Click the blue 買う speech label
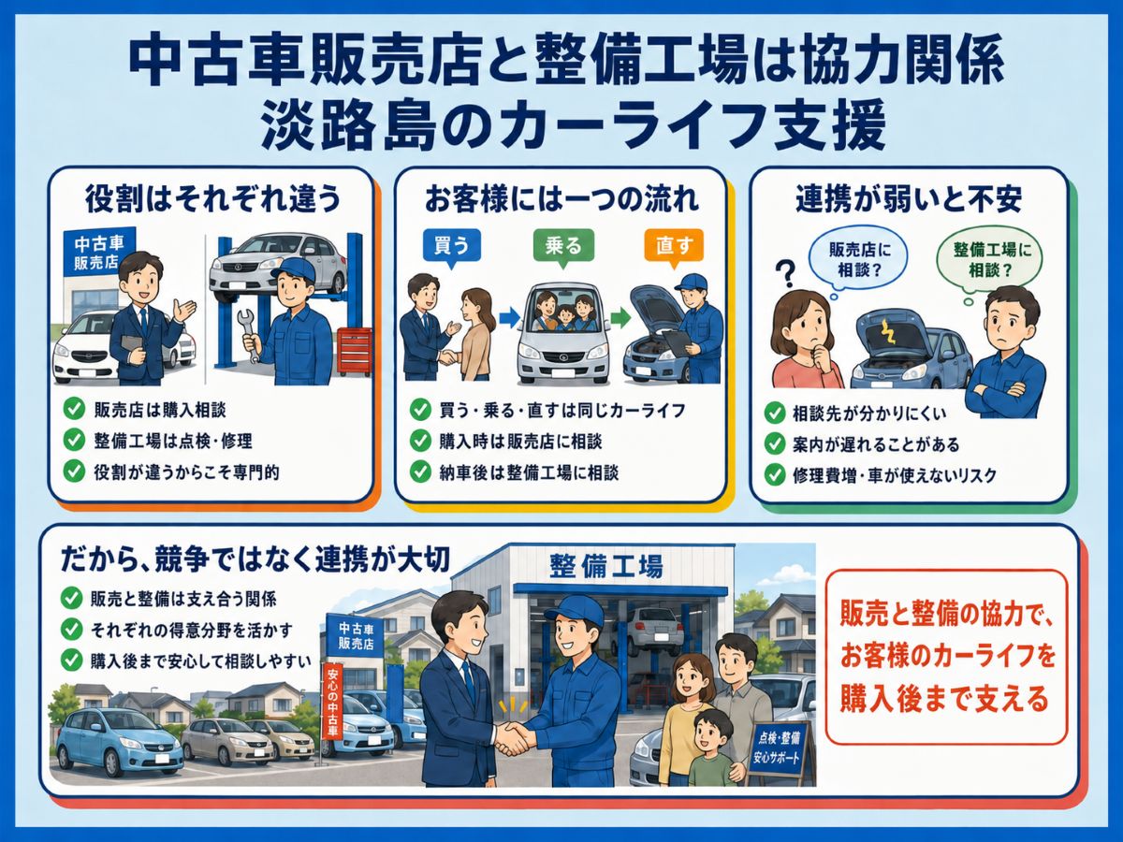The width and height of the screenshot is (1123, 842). click(452, 248)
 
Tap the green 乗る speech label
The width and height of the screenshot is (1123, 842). click(563, 248)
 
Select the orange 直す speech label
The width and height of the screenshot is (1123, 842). click(674, 248)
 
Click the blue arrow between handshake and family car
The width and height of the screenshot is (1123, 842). click(510, 318)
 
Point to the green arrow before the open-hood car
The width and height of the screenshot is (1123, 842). click(620, 317)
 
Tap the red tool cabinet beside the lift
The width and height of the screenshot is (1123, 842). click(355, 351)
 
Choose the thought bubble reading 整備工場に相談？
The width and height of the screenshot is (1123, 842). click(988, 262)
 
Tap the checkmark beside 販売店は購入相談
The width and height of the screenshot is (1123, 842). click(74, 409)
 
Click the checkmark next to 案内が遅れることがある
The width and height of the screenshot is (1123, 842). click(775, 443)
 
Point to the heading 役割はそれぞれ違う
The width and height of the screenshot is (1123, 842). click(212, 199)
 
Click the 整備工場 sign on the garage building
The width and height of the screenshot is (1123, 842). click(605, 566)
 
